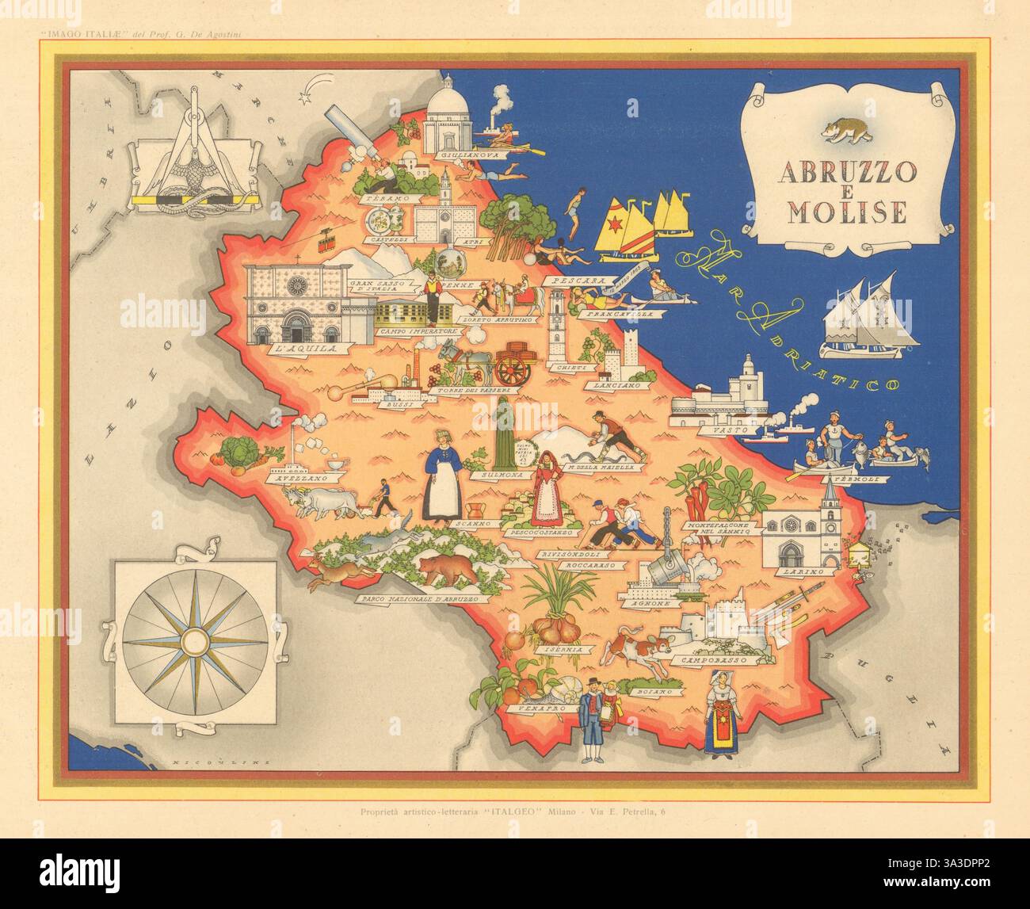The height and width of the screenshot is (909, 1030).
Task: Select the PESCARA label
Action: point(580,281)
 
